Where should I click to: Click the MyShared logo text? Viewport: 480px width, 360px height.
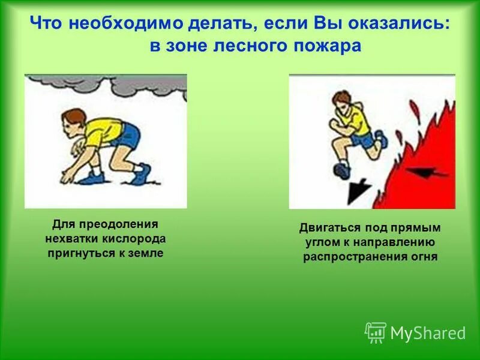click(x=428, y=332)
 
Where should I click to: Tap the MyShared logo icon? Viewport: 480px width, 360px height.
click(x=376, y=332)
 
